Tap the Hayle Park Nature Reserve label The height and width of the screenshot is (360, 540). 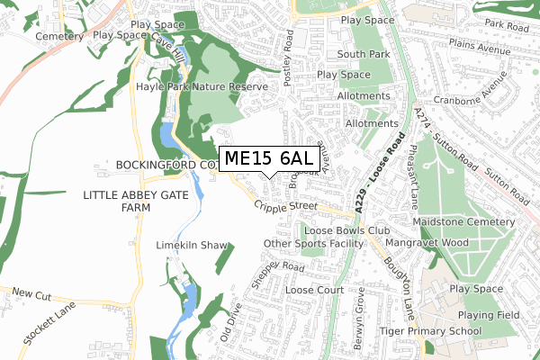pyautogui.click(x=202, y=87)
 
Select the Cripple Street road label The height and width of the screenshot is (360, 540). pyautogui.click(x=286, y=206)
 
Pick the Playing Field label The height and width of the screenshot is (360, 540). pyautogui.click(x=487, y=316)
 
